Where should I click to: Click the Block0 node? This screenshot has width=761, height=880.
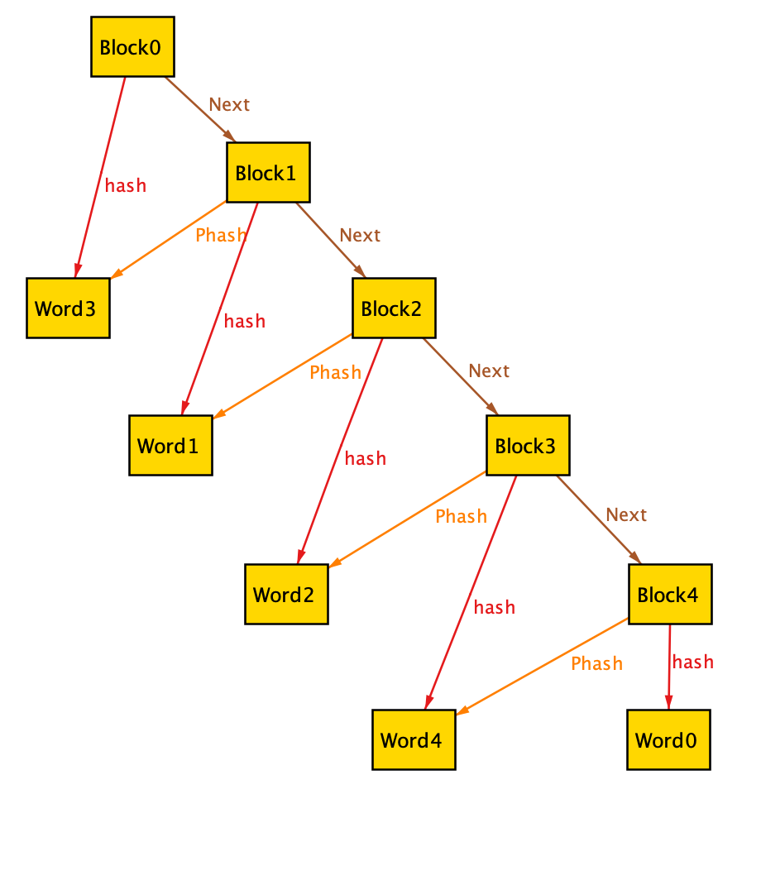pyautogui.click(x=132, y=46)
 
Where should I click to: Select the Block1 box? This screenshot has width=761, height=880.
pyautogui.click(x=268, y=172)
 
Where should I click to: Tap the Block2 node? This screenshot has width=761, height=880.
pyautogui.click(x=394, y=308)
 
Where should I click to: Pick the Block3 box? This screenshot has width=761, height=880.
pyautogui.click(x=528, y=445)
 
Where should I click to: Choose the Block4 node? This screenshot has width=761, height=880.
pyautogui.click(x=670, y=594)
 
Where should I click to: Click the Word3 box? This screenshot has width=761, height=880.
pyautogui.click(x=68, y=308)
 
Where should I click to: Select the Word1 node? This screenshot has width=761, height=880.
pyautogui.click(x=170, y=445)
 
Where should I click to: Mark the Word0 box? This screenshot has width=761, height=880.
pyautogui.click(x=668, y=739)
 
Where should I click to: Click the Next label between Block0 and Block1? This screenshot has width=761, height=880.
pyautogui.click(x=229, y=104)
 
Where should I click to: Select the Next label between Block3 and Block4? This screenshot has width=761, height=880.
pyautogui.click(x=626, y=514)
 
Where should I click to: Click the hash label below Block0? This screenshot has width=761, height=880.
pyautogui.click(x=126, y=185)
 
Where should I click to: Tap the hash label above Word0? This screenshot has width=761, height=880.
pyautogui.click(x=693, y=662)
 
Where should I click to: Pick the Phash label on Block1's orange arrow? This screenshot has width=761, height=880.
pyautogui.click(x=221, y=235)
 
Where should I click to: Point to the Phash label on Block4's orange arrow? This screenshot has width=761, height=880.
pyautogui.click(x=596, y=663)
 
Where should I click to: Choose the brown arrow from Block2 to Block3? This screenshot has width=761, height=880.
pyautogui.click(x=460, y=375)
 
